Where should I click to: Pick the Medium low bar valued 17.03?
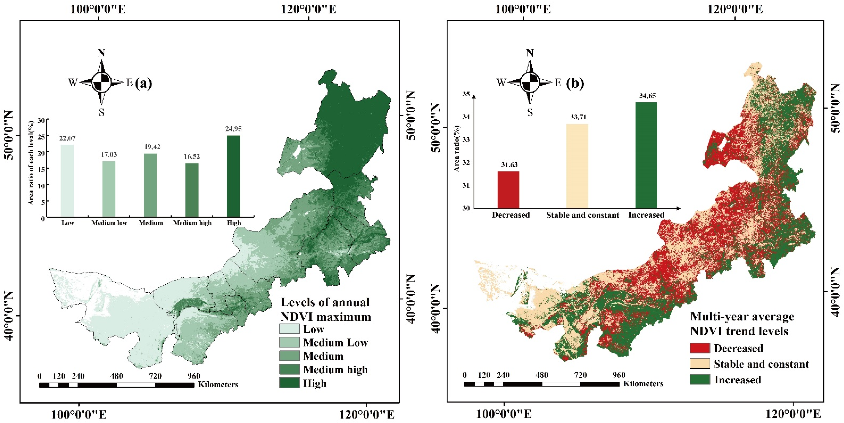point(109,189)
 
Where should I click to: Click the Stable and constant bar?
point(577,166)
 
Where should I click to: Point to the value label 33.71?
point(578,117)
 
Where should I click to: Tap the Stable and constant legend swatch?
point(699,364)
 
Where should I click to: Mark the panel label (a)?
point(143,83)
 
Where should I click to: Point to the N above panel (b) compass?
point(530,53)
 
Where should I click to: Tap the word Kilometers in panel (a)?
point(218,385)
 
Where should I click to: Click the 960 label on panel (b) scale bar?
point(619,375)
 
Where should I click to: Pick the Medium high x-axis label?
point(192,223)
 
